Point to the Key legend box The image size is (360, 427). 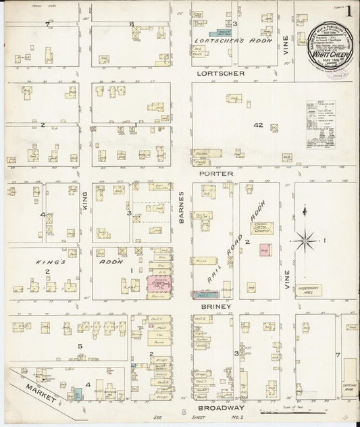[x=322, y=125]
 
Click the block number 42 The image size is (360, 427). [x=258, y=125]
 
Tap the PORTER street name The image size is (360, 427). [x=216, y=173]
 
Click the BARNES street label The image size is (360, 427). [x=181, y=207]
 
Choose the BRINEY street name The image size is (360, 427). [x=216, y=306]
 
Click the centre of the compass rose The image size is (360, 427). [x=305, y=239]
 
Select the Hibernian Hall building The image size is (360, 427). [x=308, y=290]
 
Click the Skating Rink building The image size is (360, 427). [x=350, y=372]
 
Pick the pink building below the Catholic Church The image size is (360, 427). [x=264, y=250]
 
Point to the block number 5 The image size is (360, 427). [x=79, y=347]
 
